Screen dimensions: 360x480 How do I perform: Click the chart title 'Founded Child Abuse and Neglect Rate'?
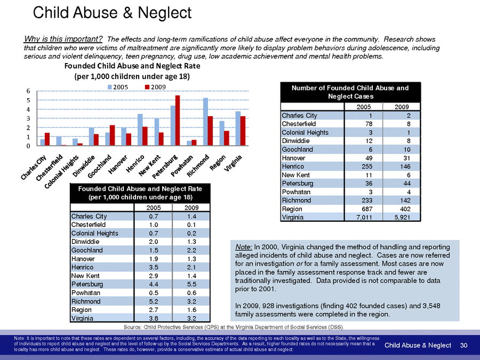(132, 66)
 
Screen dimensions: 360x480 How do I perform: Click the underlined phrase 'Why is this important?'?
(63, 39)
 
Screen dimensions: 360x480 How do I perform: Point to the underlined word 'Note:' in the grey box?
(244, 247)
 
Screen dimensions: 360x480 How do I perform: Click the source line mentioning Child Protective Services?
(234, 326)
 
